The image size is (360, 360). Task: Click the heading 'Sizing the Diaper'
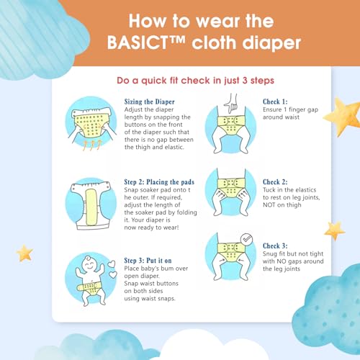(x=149, y=102)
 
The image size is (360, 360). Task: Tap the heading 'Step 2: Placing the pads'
(x=159, y=182)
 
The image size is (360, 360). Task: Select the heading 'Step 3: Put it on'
(x=148, y=261)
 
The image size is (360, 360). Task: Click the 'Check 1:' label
(x=275, y=102)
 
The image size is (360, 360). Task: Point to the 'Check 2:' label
(x=275, y=182)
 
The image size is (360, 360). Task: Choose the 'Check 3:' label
(x=275, y=246)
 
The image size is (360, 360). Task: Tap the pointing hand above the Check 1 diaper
(x=230, y=103)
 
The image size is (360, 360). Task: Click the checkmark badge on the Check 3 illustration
(x=246, y=239)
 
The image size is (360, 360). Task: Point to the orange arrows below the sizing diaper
(x=92, y=145)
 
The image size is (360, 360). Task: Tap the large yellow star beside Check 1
(x=343, y=117)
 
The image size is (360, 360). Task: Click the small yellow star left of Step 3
(x=24, y=253)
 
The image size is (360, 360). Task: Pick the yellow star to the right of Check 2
(x=335, y=230)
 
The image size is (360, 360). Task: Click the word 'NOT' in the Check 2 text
(x=269, y=205)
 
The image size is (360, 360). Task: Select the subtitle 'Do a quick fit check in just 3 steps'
(x=195, y=81)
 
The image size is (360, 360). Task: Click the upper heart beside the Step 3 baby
(x=111, y=264)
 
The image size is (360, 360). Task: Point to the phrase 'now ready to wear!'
(x=151, y=228)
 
